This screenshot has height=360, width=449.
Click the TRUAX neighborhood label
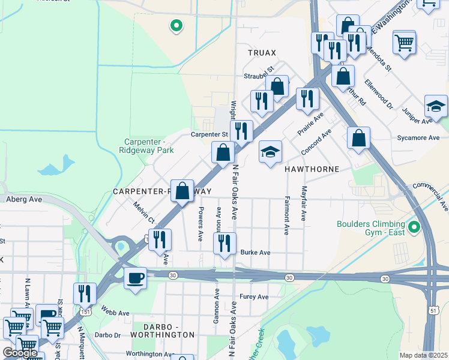click(262, 53)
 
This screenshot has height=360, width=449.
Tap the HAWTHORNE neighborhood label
click(312, 170)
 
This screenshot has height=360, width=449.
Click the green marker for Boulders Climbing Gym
click(414, 227)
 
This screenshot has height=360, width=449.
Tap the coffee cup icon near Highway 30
click(135, 278)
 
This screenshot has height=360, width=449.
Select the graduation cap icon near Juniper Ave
click(435, 106)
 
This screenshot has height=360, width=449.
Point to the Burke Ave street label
click(255, 253)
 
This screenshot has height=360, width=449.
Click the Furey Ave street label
click(254, 297)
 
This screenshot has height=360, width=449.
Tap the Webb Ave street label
click(115, 313)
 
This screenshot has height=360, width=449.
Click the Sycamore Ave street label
click(418, 138)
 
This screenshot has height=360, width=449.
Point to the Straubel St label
click(259, 76)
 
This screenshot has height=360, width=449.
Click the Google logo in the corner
click(20, 353)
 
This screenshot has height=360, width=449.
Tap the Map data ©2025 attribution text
click(423, 355)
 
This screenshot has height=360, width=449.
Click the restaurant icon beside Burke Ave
click(224, 244)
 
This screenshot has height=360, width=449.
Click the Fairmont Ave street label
click(287, 215)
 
